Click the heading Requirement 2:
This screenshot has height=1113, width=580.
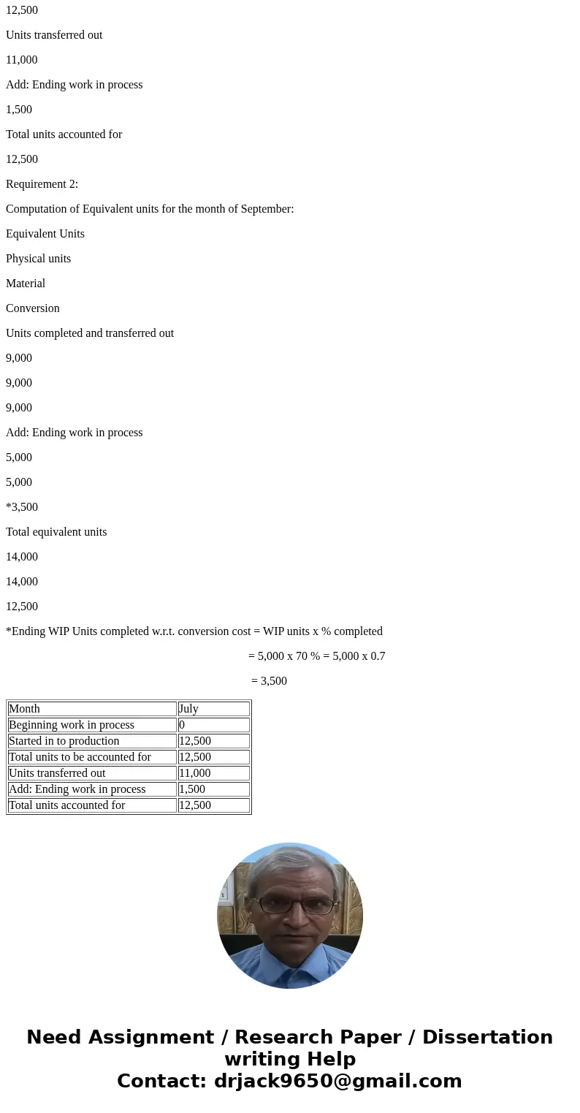(42, 184)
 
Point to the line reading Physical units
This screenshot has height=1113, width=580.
(38, 259)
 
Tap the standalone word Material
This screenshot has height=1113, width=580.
(26, 284)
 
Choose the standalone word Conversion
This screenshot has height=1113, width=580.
(33, 308)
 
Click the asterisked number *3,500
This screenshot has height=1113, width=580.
(22, 507)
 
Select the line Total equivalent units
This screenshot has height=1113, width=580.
(56, 532)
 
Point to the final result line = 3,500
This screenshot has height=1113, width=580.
(269, 681)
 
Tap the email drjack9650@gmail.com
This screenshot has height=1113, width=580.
(337, 1081)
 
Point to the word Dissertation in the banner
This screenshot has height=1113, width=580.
(487, 1037)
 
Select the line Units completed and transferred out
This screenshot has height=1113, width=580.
(90, 333)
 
